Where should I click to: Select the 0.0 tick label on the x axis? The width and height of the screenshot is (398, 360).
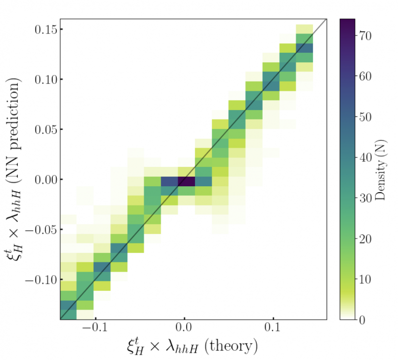pyautogui.click(x=184, y=331)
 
